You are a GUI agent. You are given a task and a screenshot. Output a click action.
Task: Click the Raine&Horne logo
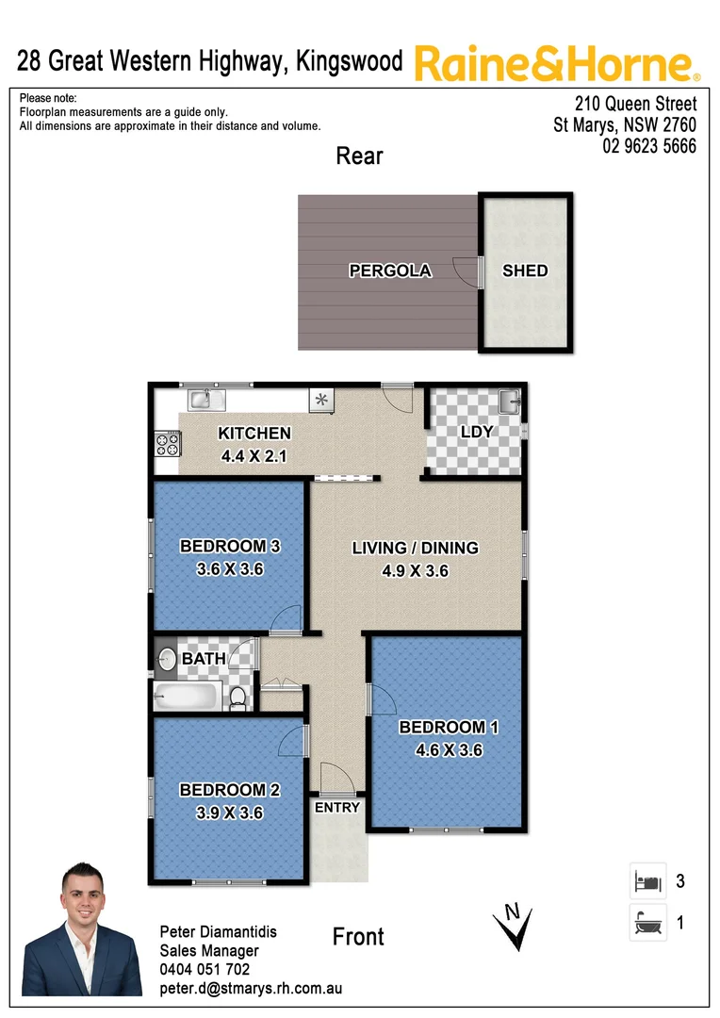click(x=556, y=64)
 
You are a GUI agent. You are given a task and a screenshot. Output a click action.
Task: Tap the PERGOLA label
click(x=390, y=271)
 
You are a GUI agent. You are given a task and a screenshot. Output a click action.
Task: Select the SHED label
click(x=525, y=271)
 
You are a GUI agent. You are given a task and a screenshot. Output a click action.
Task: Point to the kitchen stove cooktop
click(x=168, y=443)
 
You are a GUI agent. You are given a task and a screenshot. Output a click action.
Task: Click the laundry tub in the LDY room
click(x=509, y=402)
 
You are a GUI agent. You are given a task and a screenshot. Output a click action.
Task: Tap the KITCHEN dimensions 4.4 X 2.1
click(x=254, y=456)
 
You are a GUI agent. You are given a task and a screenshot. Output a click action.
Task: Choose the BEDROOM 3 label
click(x=230, y=546)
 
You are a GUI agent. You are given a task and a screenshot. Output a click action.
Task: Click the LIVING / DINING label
click(x=415, y=548)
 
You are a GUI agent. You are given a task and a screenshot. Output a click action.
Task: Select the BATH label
click(x=204, y=658)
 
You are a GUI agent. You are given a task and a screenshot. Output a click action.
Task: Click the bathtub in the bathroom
click(x=188, y=698)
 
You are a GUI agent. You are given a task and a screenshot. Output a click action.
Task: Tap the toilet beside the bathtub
click(x=239, y=698)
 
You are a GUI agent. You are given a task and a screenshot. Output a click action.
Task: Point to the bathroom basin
click(x=168, y=659)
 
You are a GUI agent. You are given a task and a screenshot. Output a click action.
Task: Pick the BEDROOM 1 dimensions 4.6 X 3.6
click(x=449, y=750)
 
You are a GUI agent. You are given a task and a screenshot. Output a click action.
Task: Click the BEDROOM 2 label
click(x=230, y=790)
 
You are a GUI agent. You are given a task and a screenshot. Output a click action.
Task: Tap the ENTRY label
click(x=337, y=808)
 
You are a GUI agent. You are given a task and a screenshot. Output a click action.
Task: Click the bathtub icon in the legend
click(x=646, y=921)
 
